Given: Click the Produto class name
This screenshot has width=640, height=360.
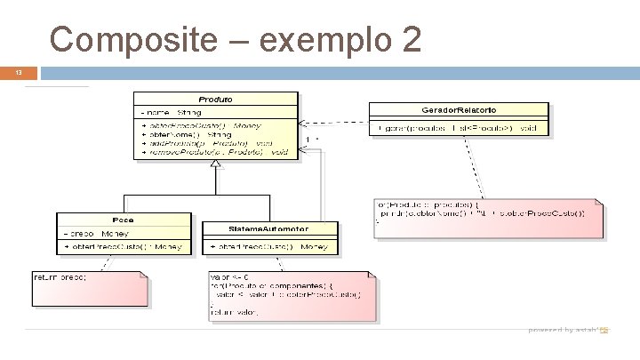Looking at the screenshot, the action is [x=216, y=99].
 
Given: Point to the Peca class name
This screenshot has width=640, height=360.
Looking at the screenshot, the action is [x=123, y=219].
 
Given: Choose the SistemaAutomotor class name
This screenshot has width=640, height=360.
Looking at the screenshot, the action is [x=270, y=228].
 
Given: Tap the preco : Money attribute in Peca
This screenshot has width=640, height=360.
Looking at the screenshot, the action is [x=98, y=232].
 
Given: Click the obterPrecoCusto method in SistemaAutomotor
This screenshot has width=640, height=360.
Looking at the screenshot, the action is [x=270, y=245].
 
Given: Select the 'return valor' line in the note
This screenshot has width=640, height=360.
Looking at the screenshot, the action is [x=236, y=311].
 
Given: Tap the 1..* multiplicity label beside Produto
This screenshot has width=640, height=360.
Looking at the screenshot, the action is [x=313, y=140].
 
